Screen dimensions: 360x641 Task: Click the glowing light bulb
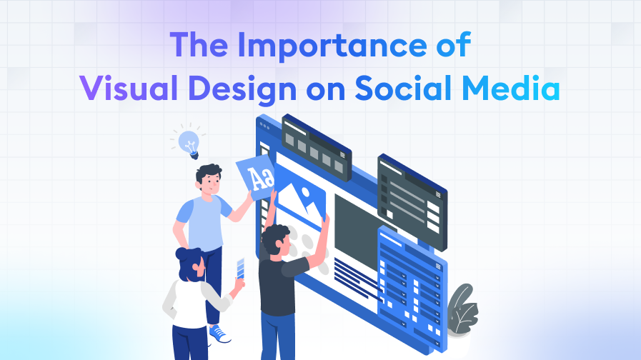point(188,140)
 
